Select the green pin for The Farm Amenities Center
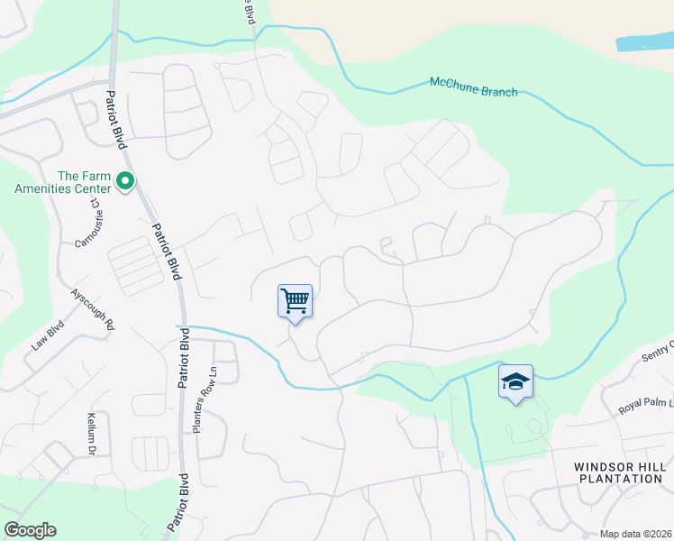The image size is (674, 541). pos(125,183)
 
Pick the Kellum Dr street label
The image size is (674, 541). pos(91,432)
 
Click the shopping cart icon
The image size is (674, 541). pos(295,301)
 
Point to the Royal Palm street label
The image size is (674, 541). pos(645,400)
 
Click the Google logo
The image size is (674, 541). pos(30,530)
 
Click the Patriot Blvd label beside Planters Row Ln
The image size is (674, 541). pos(184,358)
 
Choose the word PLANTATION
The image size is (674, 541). pos(618,479)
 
